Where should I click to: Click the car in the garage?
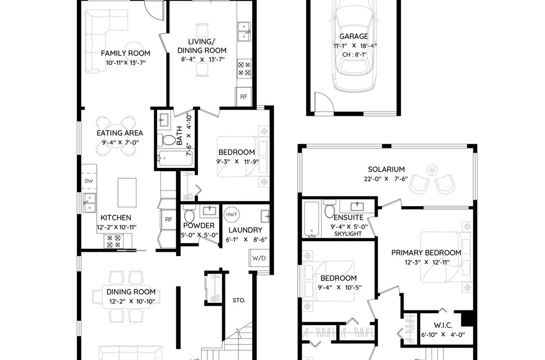[354, 45]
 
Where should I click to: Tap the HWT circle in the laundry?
[231, 214]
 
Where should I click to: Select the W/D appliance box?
[259, 258]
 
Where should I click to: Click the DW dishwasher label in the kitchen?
[89, 181]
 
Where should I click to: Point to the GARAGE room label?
[353, 36]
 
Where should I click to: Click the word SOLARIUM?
[386, 169]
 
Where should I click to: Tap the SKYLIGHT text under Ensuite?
[348, 234]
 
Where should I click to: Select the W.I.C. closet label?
[443, 325]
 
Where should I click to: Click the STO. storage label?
[239, 300]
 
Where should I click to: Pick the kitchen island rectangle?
[127, 193]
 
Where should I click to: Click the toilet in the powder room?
[189, 214]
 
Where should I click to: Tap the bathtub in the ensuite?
[312, 219]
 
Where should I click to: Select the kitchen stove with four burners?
[114, 241]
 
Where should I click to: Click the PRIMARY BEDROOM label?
[426, 252]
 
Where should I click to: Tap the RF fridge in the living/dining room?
[244, 97]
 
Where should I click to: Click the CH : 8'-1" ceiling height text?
[354, 54]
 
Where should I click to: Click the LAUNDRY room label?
[245, 230]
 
